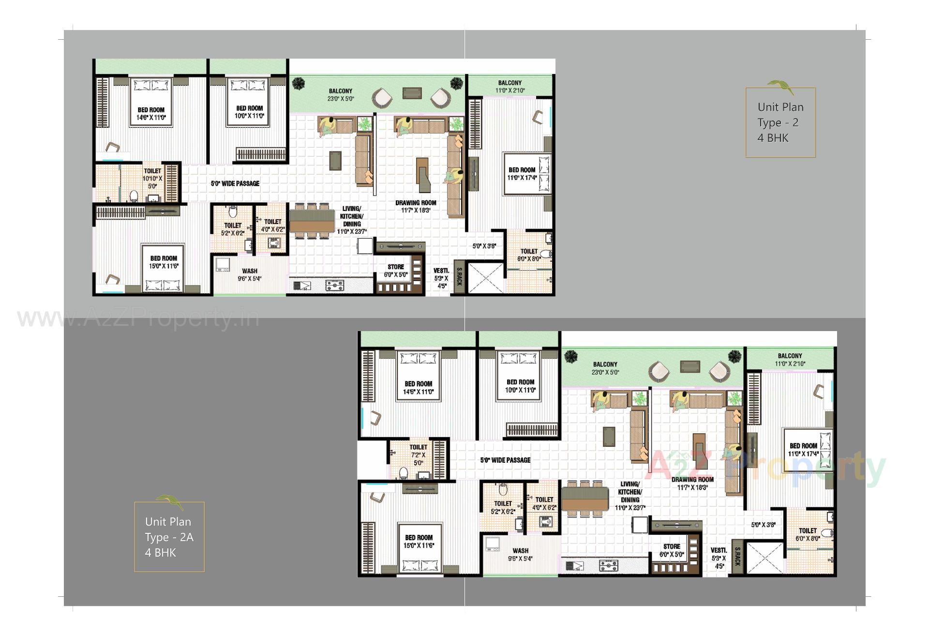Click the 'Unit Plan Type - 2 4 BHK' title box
(780, 122)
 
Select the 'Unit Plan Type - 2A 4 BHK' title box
(169, 537)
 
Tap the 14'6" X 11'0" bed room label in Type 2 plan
(151, 114)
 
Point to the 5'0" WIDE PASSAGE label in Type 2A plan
(505, 460)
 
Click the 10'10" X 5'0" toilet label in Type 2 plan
(152, 178)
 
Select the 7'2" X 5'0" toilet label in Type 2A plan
(418, 455)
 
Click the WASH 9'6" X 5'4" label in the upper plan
(250, 274)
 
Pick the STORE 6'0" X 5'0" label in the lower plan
(672, 550)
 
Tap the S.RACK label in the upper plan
(459, 276)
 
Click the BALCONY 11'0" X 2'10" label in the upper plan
(510, 87)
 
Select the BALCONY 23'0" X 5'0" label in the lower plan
(605, 368)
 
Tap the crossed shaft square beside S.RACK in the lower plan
(765, 558)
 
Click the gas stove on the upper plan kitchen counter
(335, 285)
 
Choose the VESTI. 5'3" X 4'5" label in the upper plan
(441, 278)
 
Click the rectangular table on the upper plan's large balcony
(412, 92)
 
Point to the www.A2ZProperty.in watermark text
(138, 318)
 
